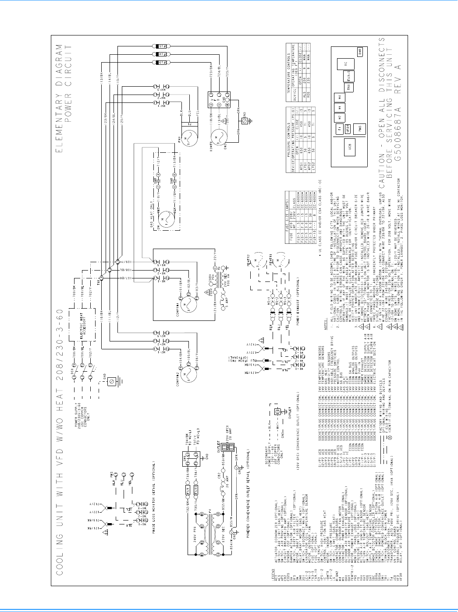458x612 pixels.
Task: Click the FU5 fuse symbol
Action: click(161, 46)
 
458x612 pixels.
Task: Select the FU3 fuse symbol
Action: click(161, 63)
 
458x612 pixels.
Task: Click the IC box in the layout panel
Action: click(345, 64)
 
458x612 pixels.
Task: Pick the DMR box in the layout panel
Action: click(359, 52)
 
